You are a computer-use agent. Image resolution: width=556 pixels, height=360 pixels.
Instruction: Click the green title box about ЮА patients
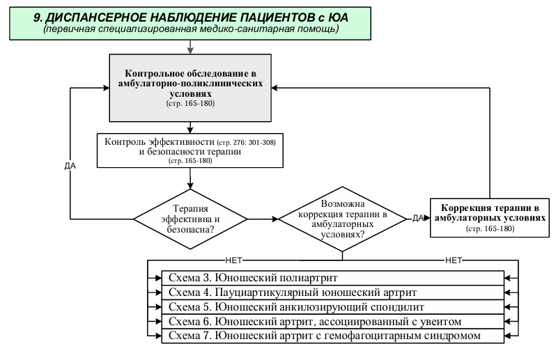(190, 24)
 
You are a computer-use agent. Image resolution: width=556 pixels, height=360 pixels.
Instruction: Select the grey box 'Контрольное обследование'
(190, 88)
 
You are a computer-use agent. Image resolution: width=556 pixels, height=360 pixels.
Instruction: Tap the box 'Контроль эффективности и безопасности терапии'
(190, 150)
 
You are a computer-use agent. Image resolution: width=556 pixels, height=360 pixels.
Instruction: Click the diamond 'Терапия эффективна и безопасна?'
(190, 219)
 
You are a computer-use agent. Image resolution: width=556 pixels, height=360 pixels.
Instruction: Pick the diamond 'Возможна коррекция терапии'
(342, 219)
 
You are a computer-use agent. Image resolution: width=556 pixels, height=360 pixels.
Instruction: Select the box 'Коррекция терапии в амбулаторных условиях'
(490, 217)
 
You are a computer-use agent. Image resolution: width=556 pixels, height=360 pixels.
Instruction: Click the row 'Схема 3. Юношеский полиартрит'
(332, 278)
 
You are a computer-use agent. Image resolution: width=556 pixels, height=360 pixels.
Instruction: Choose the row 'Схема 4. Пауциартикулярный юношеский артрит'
(332, 292)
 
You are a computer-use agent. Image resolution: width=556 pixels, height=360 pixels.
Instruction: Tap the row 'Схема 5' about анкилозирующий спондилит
(332, 307)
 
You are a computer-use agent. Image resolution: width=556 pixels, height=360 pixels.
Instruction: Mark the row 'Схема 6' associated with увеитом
(332, 322)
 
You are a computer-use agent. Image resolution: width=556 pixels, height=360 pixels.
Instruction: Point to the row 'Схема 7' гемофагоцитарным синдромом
(332, 336)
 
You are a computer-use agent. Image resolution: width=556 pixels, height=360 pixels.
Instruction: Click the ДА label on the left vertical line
(70, 166)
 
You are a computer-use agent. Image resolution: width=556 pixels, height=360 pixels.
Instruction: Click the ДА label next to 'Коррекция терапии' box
(419, 218)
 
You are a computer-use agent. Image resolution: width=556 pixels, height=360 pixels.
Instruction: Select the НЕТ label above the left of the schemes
(233, 260)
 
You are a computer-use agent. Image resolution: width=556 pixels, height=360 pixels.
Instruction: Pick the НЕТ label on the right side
(454, 260)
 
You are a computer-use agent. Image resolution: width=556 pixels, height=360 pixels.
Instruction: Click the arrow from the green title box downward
(190, 47)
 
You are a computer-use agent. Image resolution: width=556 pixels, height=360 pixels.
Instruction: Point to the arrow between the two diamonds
(263, 219)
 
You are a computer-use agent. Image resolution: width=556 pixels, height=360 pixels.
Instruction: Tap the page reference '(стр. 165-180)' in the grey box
(190, 104)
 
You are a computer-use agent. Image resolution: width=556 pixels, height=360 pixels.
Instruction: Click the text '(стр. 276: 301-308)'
(246, 143)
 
